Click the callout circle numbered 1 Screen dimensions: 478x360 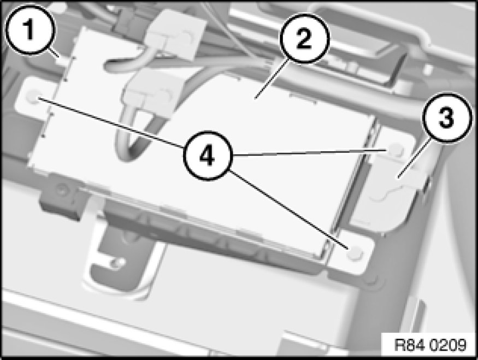click(x=29, y=29)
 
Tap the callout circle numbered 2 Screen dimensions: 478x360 click(x=304, y=38)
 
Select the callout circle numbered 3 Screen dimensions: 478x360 click(x=446, y=117)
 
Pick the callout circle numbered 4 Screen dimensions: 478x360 click(x=208, y=156)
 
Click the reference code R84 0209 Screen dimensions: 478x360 click(x=430, y=345)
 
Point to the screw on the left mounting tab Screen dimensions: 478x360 click(x=33, y=97)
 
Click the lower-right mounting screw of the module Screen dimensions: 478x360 click(x=354, y=253)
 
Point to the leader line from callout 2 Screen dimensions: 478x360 click(x=271, y=79)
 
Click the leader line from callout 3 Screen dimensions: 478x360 click(x=414, y=157)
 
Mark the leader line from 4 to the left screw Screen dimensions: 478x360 click(x=111, y=122)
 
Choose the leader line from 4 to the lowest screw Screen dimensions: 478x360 click(x=289, y=210)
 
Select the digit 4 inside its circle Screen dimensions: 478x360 click(x=207, y=156)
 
